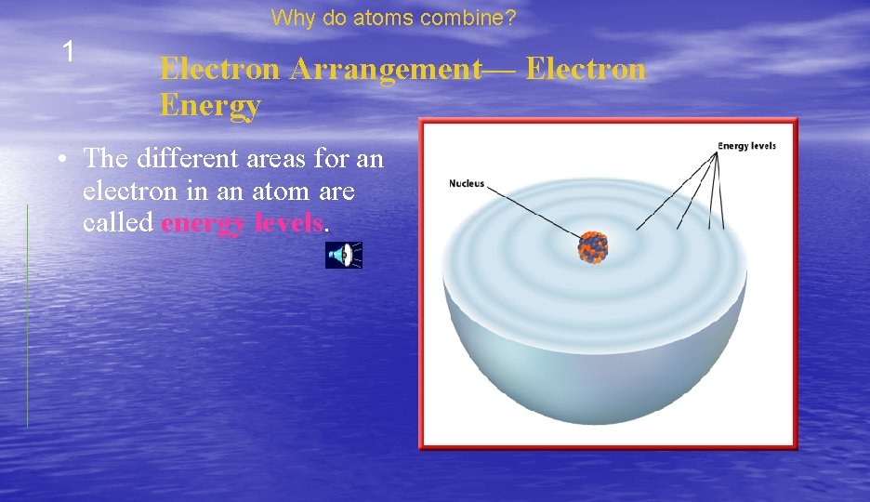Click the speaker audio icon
[x=343, y=255]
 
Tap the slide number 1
[x=67, y=52]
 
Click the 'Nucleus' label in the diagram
[x=467, y=183]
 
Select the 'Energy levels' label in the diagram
[x=745, y=146]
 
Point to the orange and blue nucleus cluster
[x=591, y=247]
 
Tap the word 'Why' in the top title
[x=291, y=17]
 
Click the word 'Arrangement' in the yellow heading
[x=401, y=70]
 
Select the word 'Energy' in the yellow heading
[x=210, y=106]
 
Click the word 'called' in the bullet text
[x=118, y=224]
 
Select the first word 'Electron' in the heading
[x=219, y=70]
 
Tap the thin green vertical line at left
[x=27, y=316]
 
